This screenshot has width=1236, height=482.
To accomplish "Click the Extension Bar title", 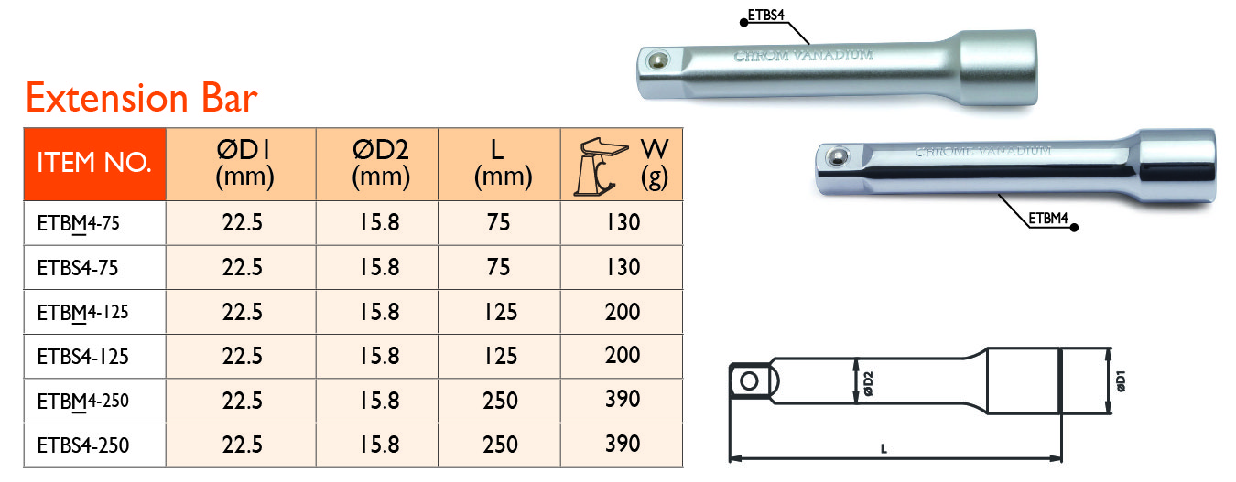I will pos(142,98).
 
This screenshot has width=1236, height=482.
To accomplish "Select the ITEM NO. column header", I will pos(93,164).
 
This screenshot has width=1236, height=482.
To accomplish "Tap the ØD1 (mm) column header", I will pos(244,164).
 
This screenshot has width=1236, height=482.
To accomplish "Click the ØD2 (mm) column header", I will pos(379,164).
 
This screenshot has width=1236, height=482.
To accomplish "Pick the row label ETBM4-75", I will pos(77,223).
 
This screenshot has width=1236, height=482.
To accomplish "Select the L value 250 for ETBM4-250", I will pos(501,402).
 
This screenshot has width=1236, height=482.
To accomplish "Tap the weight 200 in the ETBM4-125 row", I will pos(623,313).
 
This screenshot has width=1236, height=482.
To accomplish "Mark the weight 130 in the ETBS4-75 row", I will pos(623,268).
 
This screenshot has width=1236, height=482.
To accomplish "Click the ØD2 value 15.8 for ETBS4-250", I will pos(379,446).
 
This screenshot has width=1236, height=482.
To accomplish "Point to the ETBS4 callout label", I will pos(766,15).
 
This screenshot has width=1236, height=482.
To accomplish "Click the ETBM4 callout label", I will pos(1049,219).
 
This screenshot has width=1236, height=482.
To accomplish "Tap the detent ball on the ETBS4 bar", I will pos(655,60).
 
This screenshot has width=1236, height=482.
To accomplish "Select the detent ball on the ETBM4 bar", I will pos(834,158).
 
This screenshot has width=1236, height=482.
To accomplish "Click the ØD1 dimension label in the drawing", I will pos(1121,381).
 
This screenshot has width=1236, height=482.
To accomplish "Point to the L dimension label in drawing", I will pos(883,448).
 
